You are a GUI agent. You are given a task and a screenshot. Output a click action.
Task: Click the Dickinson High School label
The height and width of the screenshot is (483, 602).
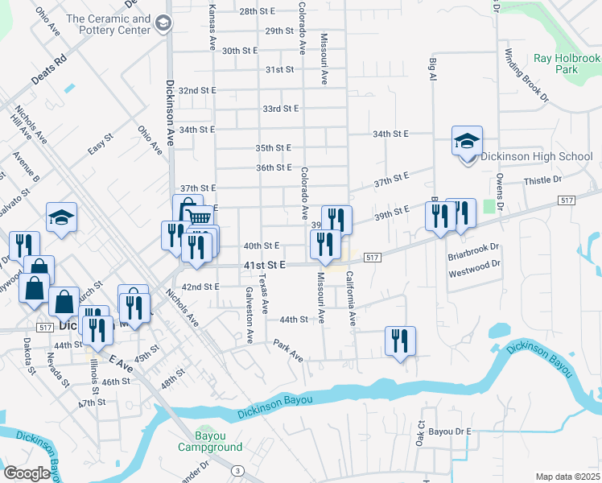pos(536,157)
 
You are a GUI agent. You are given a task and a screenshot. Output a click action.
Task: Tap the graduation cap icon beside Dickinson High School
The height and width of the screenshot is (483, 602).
pos(467,142)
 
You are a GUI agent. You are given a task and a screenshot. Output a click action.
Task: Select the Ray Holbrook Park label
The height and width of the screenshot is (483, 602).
pos(567,64)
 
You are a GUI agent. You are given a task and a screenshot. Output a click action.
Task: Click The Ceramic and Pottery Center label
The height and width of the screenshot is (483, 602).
pos(109,24)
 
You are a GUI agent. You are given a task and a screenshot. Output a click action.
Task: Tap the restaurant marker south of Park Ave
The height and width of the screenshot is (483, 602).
pos(400,341)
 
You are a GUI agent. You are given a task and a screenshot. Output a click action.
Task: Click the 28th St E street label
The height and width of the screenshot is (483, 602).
pos(257,11)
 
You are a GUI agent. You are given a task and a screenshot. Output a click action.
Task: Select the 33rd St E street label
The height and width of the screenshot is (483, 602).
pos(280,108)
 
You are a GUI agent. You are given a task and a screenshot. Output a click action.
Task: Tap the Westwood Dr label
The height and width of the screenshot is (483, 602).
pos(474,263)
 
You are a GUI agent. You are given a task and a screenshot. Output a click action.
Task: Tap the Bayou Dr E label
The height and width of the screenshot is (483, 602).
pos(450,431)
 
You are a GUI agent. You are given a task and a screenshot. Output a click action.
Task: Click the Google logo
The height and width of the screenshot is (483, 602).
pos(27,473)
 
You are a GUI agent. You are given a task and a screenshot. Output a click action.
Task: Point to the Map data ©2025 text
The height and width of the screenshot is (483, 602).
pos(568,477)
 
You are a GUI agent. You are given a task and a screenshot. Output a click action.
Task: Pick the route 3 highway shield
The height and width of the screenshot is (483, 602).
pos(237,470)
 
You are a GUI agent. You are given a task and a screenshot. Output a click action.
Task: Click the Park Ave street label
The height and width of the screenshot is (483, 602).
pos(287,350)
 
